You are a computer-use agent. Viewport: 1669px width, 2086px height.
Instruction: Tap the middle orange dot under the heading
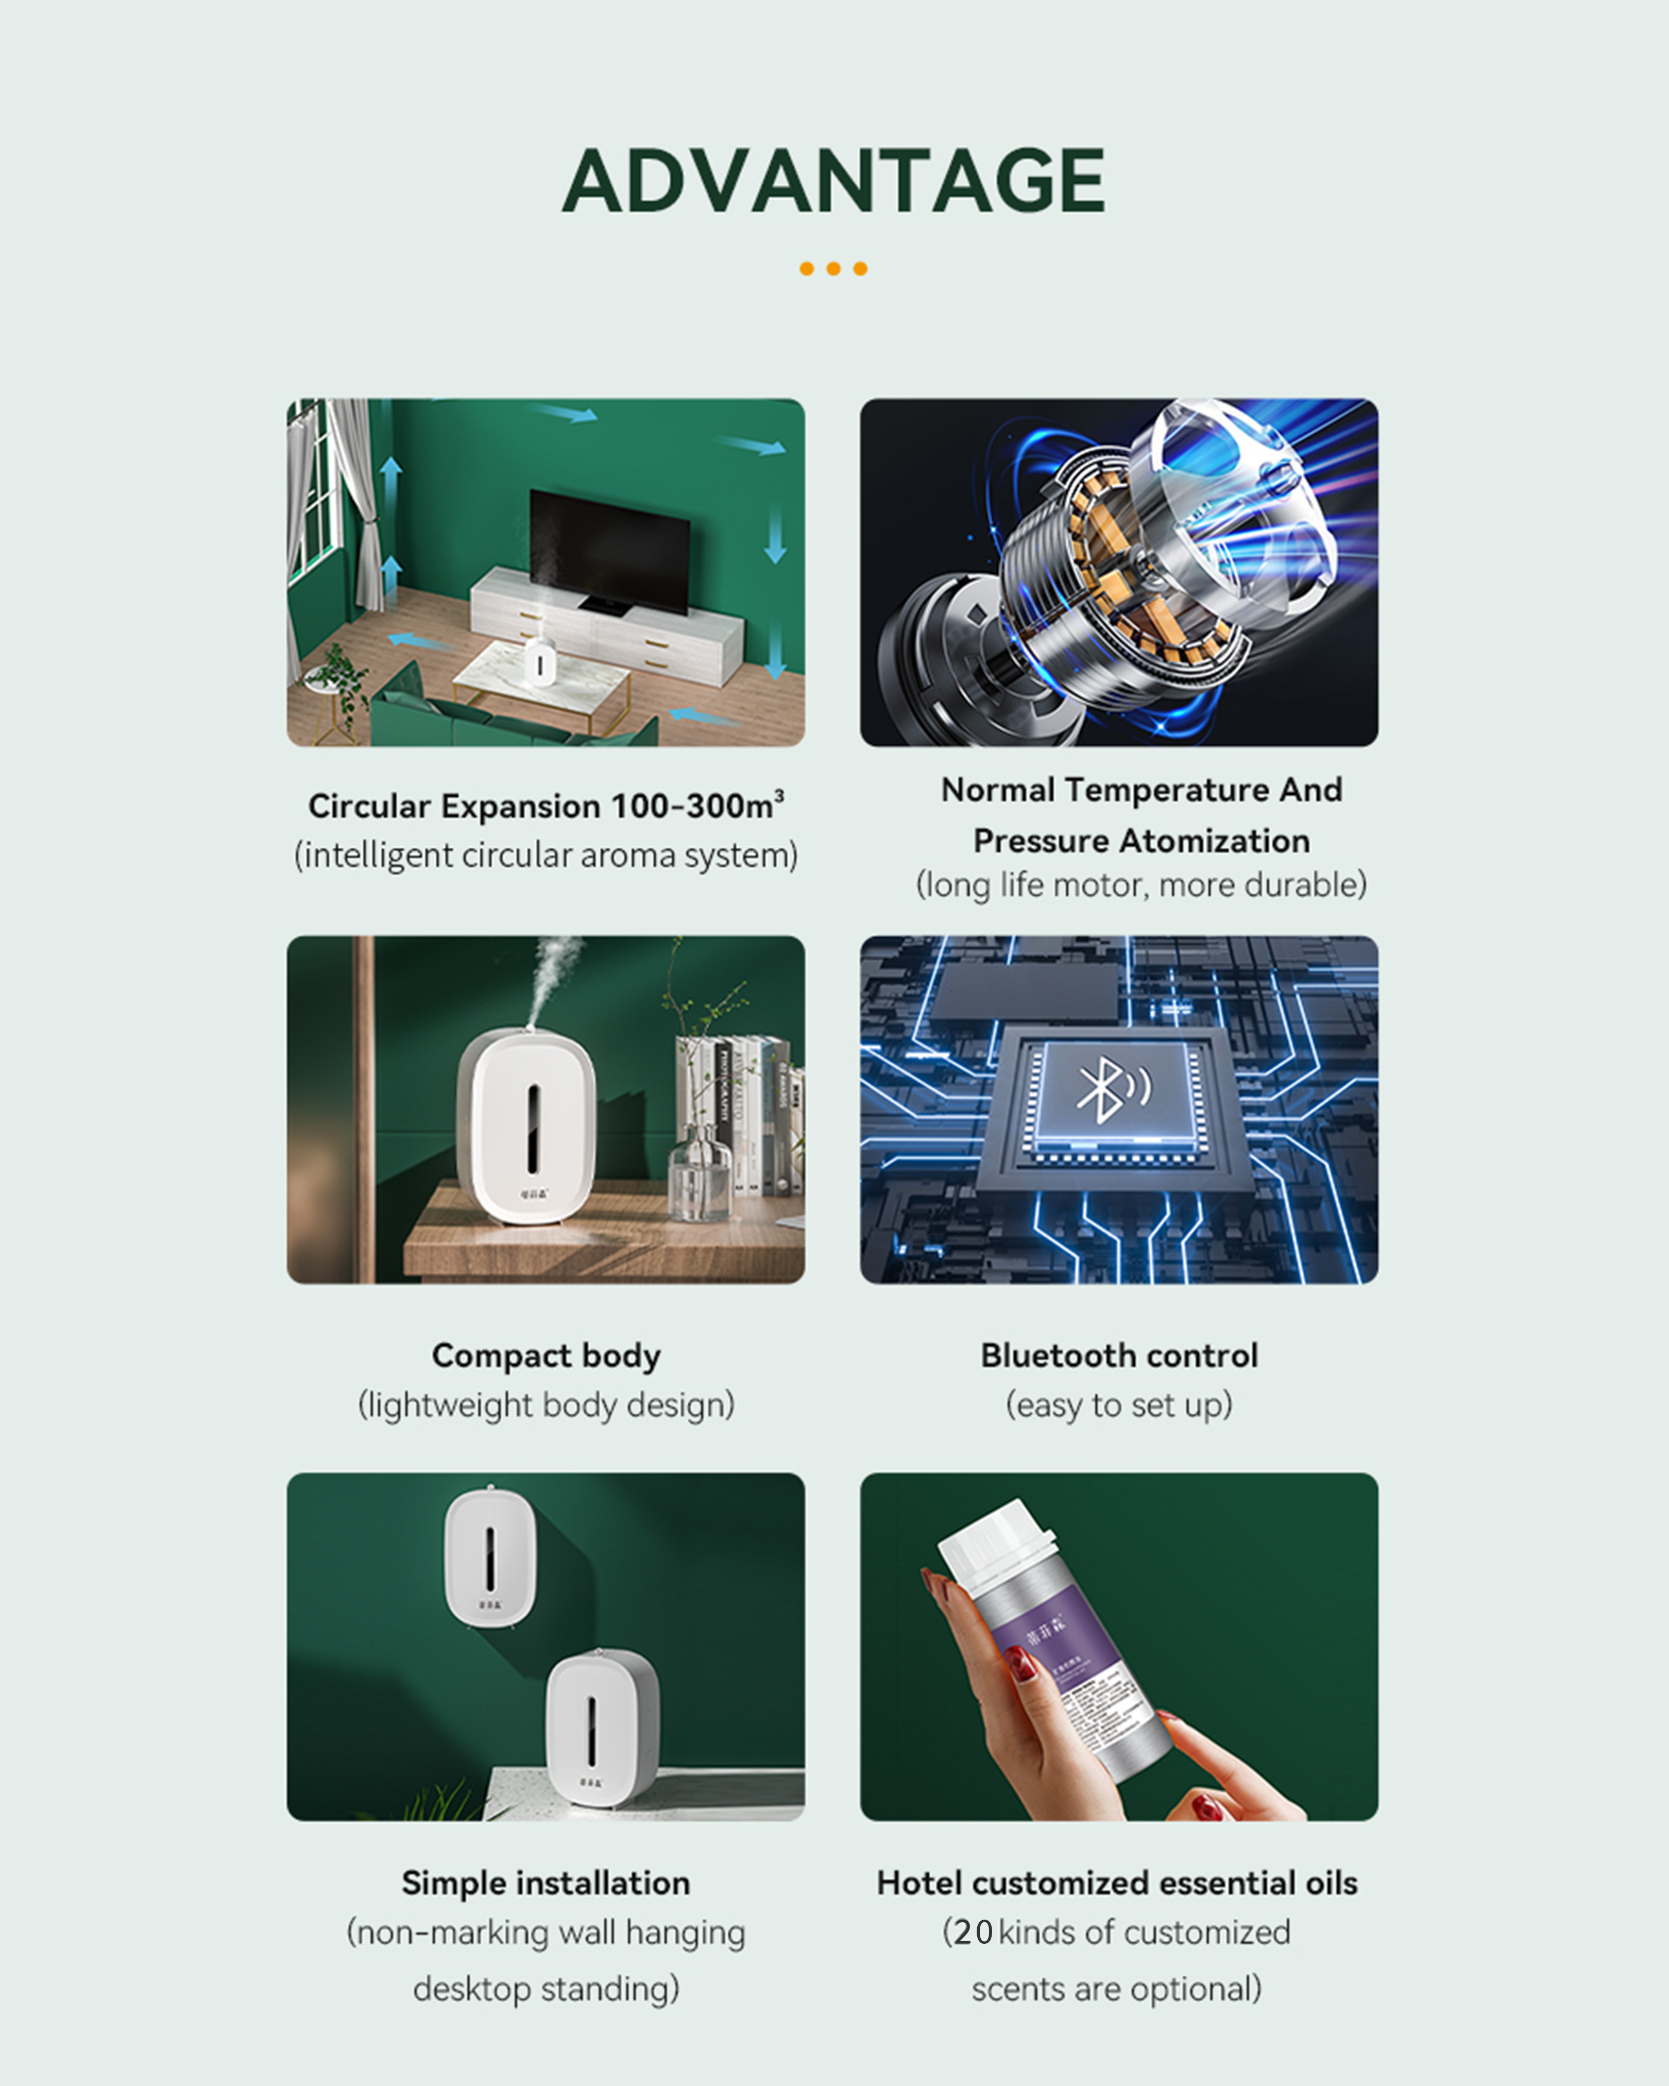(x=833, y=269)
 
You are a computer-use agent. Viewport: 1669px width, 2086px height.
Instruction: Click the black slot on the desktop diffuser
(x=532, y=1127)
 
